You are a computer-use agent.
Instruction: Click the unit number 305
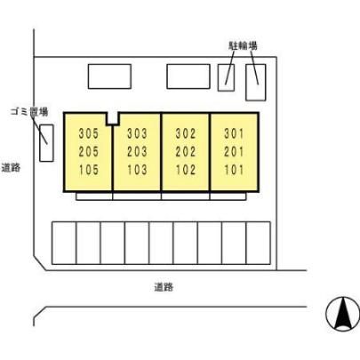(x=89, y=133)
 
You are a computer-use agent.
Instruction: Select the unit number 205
(x=89, y=152)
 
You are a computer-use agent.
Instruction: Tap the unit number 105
(x=89, y=170)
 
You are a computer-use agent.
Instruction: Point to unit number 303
(x=137, y=133)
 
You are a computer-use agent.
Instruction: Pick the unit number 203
(x=137, y=152)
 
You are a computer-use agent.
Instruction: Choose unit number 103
(x=137, y=170)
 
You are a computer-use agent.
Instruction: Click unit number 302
(x=186, y=133)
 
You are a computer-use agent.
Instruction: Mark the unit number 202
(x=186, y=152)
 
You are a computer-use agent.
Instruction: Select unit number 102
(x=186, y=170)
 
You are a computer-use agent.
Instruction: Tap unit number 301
(x=234, y=133)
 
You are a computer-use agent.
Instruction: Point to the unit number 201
(x=234, y=152)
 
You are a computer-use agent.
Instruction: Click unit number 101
(x=234, y=170)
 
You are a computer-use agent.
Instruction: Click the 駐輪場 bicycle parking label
(x=243, y=45)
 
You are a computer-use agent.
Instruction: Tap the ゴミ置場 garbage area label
(x=29, y=112)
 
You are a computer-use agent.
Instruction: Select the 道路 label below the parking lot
(x=164, y=287)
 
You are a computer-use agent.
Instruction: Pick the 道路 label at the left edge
(x=11, y=167)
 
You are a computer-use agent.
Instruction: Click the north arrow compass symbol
(x=342, y=314)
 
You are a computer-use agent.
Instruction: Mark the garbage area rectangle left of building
(x=46, y=143)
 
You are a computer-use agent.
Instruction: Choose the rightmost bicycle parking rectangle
(x=256, y=83)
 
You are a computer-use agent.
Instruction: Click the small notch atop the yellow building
(x=113, y=119)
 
